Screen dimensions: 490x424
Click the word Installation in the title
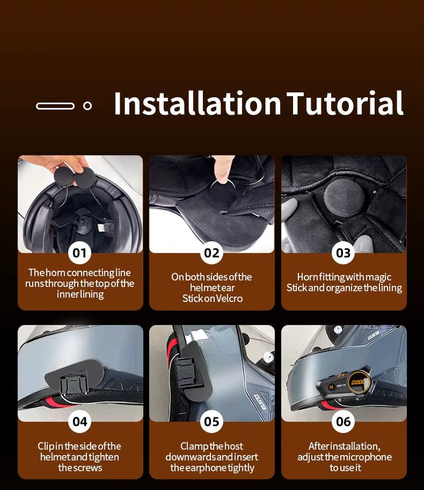click(197, 104)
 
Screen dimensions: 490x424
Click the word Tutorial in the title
click(345, 104)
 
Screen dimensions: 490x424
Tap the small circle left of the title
click(87, 106)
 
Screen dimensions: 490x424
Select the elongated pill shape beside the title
click(55, 106)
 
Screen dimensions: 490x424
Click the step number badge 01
click(79, 253)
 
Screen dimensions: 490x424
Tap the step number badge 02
click(211, 253)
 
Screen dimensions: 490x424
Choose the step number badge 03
click(343, 253)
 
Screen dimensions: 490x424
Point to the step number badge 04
click(79, 422)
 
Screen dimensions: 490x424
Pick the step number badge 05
click(211, 422)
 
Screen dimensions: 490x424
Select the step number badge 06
click(343, 422)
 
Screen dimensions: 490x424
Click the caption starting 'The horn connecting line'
click(79, 283)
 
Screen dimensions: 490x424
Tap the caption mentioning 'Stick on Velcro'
click(211, 287)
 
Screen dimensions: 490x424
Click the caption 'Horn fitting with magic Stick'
click(344, 282)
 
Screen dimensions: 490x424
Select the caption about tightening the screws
click(79, 457)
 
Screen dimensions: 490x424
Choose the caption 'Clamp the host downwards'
click(211, 457)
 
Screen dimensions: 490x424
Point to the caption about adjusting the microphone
click(344, 457)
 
